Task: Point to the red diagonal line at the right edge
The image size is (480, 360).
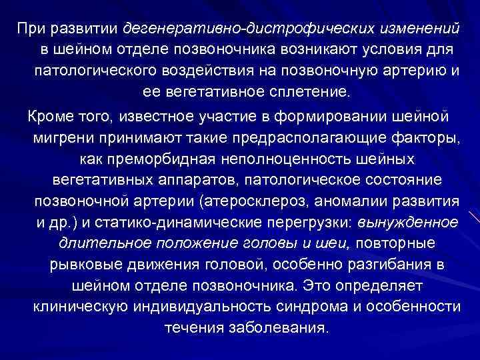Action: tap(474, 217)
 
